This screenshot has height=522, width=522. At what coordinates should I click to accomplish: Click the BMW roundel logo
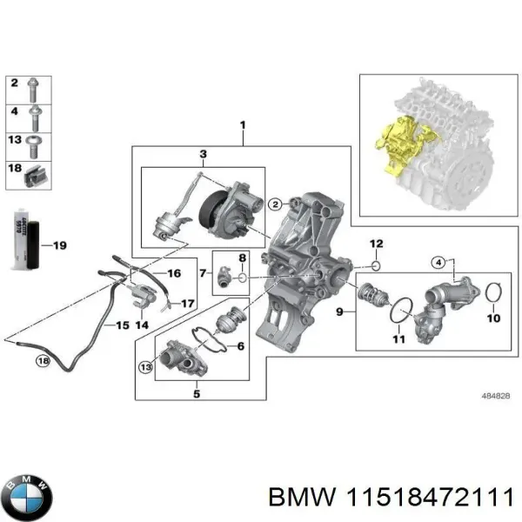pos(27,497)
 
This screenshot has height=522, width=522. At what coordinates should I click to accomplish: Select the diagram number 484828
pos(495,394)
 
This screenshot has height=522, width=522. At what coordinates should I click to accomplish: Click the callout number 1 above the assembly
pos(243,127)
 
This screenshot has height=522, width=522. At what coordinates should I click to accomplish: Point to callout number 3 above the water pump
pos(203,155)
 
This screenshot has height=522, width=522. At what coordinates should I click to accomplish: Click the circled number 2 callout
pos(274,204)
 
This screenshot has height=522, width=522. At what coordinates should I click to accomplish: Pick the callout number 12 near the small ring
pos(376,243)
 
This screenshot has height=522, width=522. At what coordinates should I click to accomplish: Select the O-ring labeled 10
pos(492,295)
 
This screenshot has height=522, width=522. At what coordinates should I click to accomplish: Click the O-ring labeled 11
pos(402,309)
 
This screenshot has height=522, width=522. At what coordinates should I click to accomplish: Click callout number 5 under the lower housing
pos(197,393)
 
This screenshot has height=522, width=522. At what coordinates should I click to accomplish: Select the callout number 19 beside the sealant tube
pos(59,246)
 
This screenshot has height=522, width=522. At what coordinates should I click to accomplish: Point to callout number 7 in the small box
pos(202,272)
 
